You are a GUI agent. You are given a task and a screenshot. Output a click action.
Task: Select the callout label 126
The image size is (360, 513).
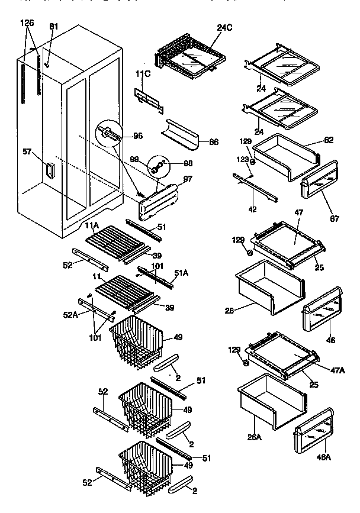click(27, 22)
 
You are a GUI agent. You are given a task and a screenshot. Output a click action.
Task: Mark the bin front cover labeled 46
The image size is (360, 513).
click(323, 314)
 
